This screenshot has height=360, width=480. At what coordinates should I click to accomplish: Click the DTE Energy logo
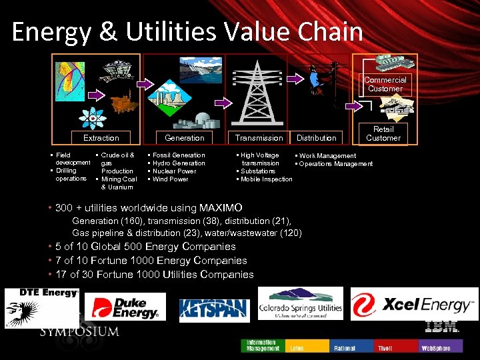pos(42,307)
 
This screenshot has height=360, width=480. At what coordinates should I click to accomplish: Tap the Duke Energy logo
pos(125,307)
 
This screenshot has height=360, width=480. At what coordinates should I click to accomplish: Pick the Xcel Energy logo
pos(414,305)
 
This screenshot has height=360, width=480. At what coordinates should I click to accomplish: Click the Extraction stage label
pos(101,138)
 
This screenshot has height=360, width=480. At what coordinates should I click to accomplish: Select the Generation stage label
pos(185,138)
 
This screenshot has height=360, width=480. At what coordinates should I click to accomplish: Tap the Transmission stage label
pos(259,138)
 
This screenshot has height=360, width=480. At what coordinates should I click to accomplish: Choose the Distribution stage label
pos(316,138)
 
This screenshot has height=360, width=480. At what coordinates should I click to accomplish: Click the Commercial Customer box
pos(385,84)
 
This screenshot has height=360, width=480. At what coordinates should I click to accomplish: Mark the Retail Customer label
pos(383,133)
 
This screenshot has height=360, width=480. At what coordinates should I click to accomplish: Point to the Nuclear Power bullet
pos(175,171)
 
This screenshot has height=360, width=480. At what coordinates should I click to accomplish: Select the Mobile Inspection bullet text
pos(266,179)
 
